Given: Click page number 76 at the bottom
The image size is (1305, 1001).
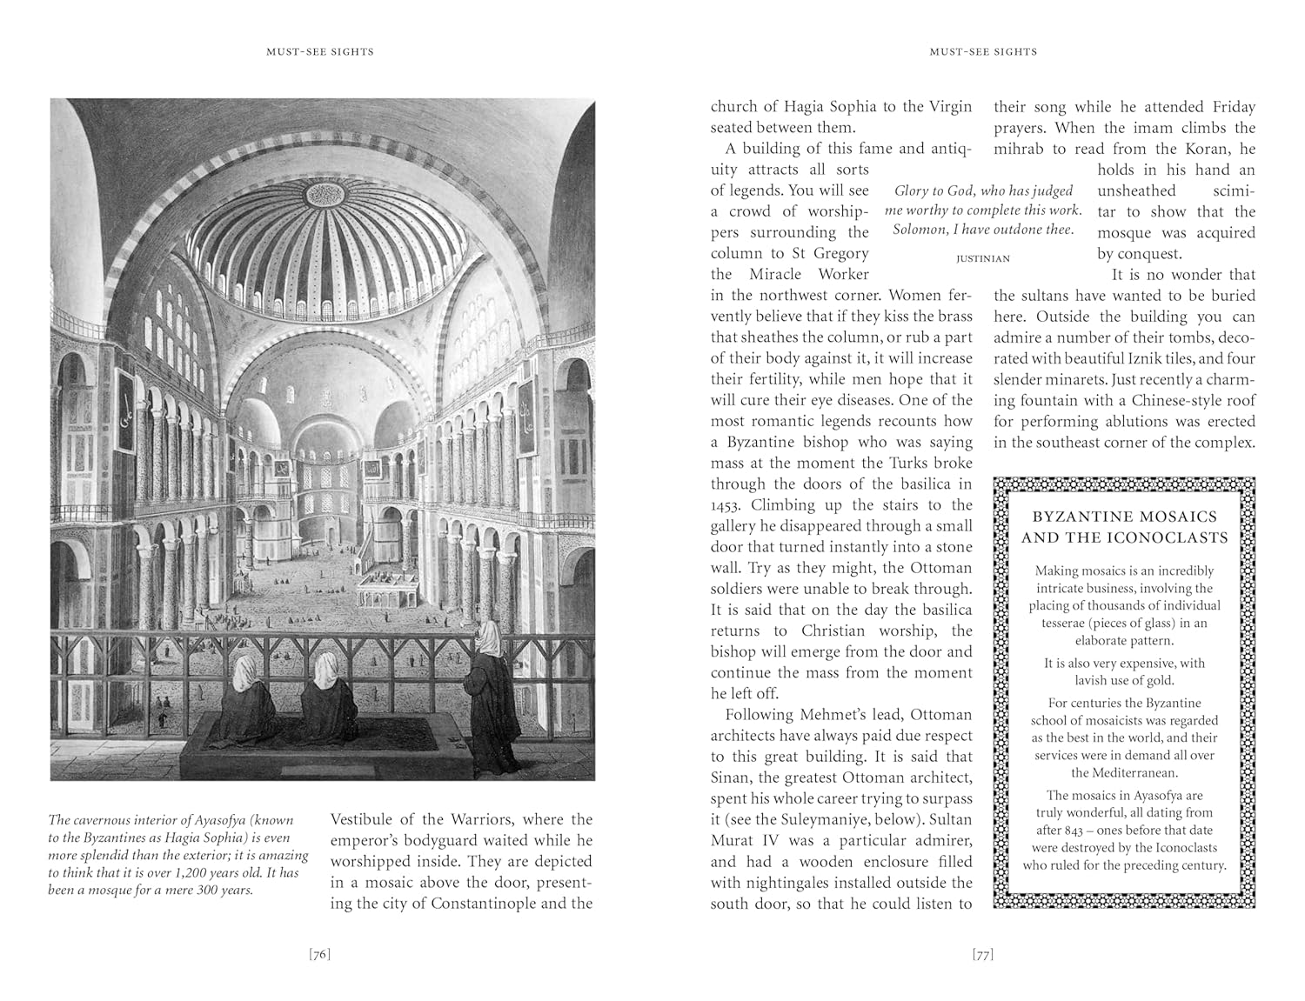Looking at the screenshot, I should (x=320, y=955).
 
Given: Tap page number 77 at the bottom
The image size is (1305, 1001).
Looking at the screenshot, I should (x=983, y=955).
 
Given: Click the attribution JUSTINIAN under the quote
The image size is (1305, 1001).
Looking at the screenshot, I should (x=983, y=258).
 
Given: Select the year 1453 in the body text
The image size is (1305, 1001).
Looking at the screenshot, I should (x=726, y=505).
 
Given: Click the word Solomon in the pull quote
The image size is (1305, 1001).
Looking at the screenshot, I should (x=919, y=230).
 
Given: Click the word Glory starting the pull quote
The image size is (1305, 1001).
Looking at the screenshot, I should (x=912, y=191).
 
